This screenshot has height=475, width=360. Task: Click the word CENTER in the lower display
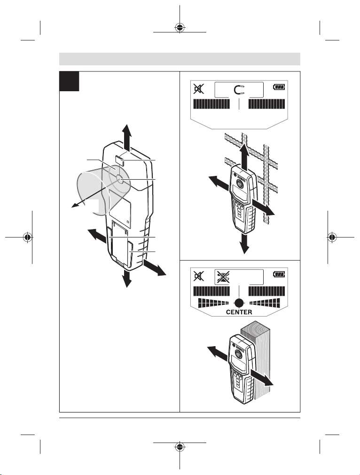point(240,312)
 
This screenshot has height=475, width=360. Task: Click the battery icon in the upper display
point(279,87)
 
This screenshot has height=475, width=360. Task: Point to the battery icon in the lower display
point(279,273)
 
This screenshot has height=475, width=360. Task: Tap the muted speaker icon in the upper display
point(198,88)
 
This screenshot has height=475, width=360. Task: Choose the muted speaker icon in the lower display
point(198,274)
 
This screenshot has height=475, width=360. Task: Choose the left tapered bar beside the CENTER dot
point(214,303)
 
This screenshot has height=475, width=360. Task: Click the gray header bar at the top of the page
point(180,59)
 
